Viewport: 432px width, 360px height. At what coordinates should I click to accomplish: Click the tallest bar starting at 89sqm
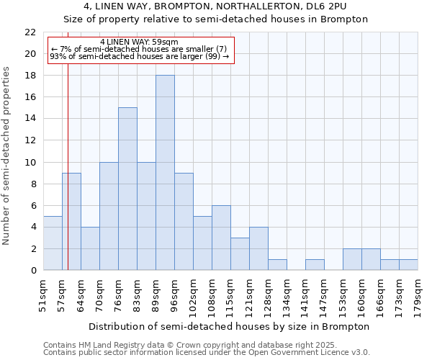(165, 173)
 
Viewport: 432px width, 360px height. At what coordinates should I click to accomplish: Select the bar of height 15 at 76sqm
(127, 189)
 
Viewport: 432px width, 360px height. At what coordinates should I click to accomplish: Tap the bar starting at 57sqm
(71, 222)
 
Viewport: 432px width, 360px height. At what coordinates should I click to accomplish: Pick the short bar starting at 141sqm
(315, 264)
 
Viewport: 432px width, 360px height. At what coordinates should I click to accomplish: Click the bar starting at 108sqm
(221, 238)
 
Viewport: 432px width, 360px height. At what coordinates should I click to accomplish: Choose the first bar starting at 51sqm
(53, 243)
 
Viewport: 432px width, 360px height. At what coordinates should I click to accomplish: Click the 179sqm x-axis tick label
(418, 294)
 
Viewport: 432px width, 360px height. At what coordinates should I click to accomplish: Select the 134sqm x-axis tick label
(287, 294)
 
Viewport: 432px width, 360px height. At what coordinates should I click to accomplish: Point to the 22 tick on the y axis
(30, 32)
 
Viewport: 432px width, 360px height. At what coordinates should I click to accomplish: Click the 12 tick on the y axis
(30, 140)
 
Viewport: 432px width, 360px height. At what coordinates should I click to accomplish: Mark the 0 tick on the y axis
(33, 270)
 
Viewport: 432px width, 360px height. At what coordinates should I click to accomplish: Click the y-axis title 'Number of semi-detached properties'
(7, 156)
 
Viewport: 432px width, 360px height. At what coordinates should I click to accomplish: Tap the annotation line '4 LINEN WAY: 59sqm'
(140, 42)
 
